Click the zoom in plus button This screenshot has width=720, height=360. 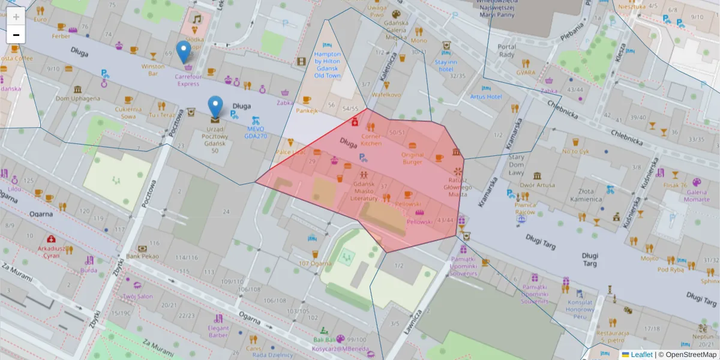pyautogui.click(x=16, y=16)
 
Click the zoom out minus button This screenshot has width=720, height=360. pyautogui.click(x=16, y=35)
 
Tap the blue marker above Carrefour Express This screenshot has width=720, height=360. pyautogui.click(x=184, y=52)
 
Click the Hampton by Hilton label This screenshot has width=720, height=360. pyautogui.click(x=328, y=65)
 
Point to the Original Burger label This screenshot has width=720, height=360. pyautogui.click(x=412, y=158)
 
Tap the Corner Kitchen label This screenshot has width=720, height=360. pyautogui.click(x=371, y=140)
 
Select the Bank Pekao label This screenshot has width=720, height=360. pyautogui.click(x=142, y=256)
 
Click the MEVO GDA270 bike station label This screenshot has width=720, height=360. pyautogui.click(x=256, y=132)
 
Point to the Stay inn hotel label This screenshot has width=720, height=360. pyautogui.click(x=446, y=65)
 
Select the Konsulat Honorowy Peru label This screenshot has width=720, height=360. pyautogui.click(x=580, y=309)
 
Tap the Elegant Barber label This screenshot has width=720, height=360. pyautogui.click(x=218, y=332)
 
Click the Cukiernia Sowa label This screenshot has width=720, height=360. pyautogui.click(x=128, y=113)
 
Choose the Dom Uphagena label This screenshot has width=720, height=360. pyautogui.click(x=78, y=98)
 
